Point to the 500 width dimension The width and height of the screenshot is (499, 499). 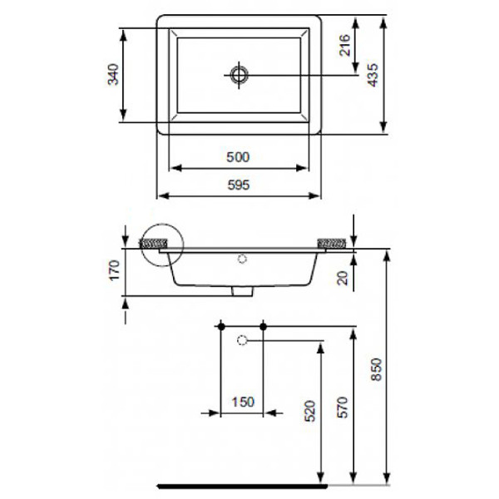239,156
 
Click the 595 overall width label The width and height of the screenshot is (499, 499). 239,185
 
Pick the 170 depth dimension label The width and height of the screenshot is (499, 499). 115,271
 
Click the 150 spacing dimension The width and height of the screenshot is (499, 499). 242,402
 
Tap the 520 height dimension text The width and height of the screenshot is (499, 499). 310,410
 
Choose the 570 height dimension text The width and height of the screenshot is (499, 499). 343,406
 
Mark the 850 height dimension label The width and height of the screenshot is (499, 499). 375,367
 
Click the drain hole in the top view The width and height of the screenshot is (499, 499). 240,75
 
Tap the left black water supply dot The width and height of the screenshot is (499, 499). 221,325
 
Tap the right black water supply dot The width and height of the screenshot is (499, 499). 263,325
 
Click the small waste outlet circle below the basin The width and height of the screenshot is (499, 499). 242,340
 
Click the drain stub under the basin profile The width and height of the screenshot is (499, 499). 242,293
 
